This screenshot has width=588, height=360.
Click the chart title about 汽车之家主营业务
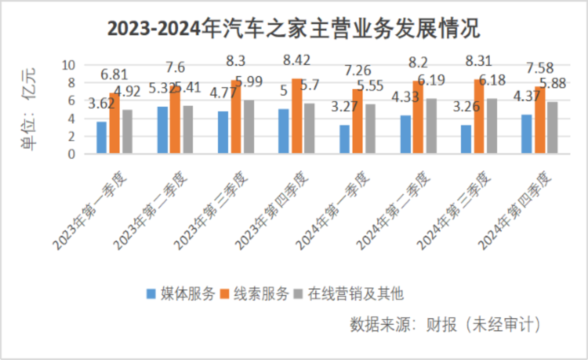pos(294,29)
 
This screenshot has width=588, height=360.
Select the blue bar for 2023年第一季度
pos(101,138)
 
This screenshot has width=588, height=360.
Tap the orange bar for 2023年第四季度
pos(297,116)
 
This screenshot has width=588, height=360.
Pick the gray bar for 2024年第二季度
pos(431,126)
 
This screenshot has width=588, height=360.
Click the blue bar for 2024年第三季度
pos(466,139)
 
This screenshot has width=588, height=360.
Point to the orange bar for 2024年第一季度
pos(357,121)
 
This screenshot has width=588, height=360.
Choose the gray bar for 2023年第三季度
pos(249,127)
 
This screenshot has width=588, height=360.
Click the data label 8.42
pos(296,60)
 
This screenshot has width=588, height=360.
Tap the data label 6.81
pos(114,75)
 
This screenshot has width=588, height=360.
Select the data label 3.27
pos(344,107)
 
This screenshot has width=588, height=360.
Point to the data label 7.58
pos(539,68)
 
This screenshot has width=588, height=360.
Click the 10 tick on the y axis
pos(68,65)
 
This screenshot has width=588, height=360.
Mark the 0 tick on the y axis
pos(71,154)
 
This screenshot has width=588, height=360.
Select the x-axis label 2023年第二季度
pos(151,210)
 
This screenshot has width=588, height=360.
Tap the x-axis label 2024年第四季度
pos(515,210)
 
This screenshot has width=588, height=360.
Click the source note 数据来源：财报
pos(445,325)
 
